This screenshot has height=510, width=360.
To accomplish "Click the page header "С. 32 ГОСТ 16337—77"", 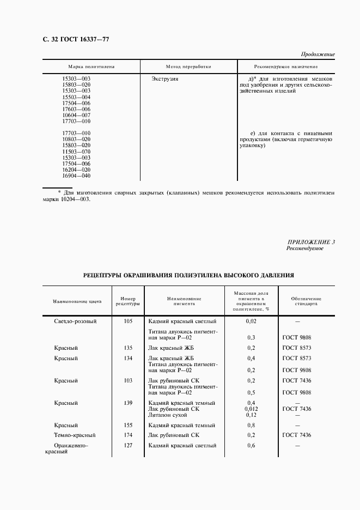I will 68,39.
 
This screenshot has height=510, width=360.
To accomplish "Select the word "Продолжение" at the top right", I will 318,54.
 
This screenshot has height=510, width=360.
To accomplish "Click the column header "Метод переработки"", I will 188,66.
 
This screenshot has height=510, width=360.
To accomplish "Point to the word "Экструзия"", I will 164,79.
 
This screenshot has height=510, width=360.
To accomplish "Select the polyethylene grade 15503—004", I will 76,97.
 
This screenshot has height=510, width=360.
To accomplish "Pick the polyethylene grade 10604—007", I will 76,115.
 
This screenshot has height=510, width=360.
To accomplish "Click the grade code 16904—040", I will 76,175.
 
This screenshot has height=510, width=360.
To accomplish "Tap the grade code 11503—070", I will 76,151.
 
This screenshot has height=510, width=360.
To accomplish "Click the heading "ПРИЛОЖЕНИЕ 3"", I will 311,242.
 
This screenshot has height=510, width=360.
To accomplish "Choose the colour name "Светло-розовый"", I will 75,321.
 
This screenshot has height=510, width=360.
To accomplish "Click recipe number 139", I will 128,403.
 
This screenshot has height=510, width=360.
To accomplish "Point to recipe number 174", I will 128,435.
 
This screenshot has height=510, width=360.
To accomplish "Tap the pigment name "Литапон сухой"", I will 168,415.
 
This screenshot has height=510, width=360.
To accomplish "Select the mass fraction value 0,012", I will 251,409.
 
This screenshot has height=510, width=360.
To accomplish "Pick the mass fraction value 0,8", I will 251,425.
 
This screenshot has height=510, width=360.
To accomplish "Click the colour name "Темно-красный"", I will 75,435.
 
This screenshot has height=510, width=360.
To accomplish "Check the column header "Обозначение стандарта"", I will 306,301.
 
